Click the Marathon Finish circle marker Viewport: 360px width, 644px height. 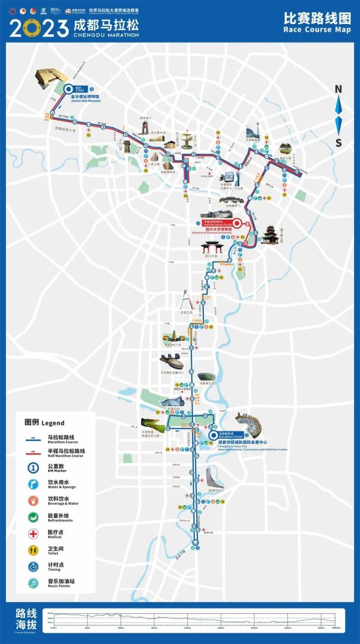click(213, 436)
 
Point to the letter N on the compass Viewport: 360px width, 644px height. click(338, 89)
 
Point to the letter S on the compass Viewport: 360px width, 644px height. click(338, 142)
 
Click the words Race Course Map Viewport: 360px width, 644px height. click(317, 29)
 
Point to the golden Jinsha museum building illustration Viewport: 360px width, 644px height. click(50, 78)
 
